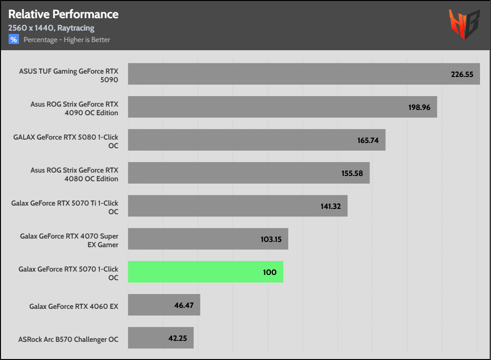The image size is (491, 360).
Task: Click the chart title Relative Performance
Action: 63,14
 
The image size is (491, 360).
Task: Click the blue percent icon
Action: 13,40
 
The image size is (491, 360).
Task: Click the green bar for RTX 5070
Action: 206,272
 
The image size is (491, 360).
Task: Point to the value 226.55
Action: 462,74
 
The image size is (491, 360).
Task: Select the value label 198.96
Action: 419,107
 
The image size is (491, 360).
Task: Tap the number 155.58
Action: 352,173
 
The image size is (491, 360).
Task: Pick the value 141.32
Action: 330,206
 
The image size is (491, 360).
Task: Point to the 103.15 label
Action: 271,239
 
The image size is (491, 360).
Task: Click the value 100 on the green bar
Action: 270,272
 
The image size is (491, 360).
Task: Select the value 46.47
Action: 184,305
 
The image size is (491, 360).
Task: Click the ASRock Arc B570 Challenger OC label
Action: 68,339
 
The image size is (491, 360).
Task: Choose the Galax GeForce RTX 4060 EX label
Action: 74,306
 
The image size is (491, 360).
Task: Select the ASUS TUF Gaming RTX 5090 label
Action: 68,75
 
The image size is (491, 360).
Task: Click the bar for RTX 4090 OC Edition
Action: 282,107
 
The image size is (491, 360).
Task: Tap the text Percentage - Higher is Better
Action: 67,40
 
